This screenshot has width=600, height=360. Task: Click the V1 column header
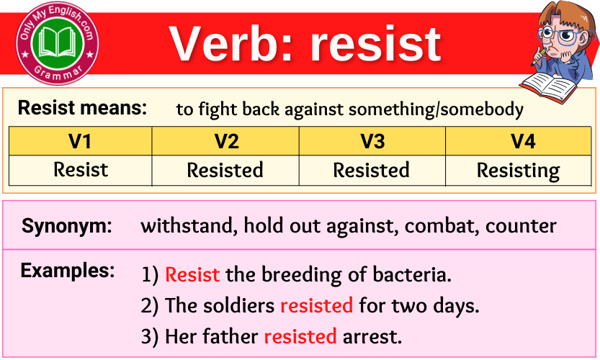(x=80, y=142)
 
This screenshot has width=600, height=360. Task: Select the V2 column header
(x=226, y=142)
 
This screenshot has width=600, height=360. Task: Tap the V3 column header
(x=372, y=142)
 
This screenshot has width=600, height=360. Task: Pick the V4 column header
(x=523, y=142)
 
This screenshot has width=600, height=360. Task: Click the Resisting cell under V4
(x=518, y=171)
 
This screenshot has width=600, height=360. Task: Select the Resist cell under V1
(x=80, y=170)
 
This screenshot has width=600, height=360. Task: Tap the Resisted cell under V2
(x=225, y=170)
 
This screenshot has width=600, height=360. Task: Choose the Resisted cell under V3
(x=371, y=170)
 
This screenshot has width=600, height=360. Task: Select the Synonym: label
(x=67, y=226)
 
